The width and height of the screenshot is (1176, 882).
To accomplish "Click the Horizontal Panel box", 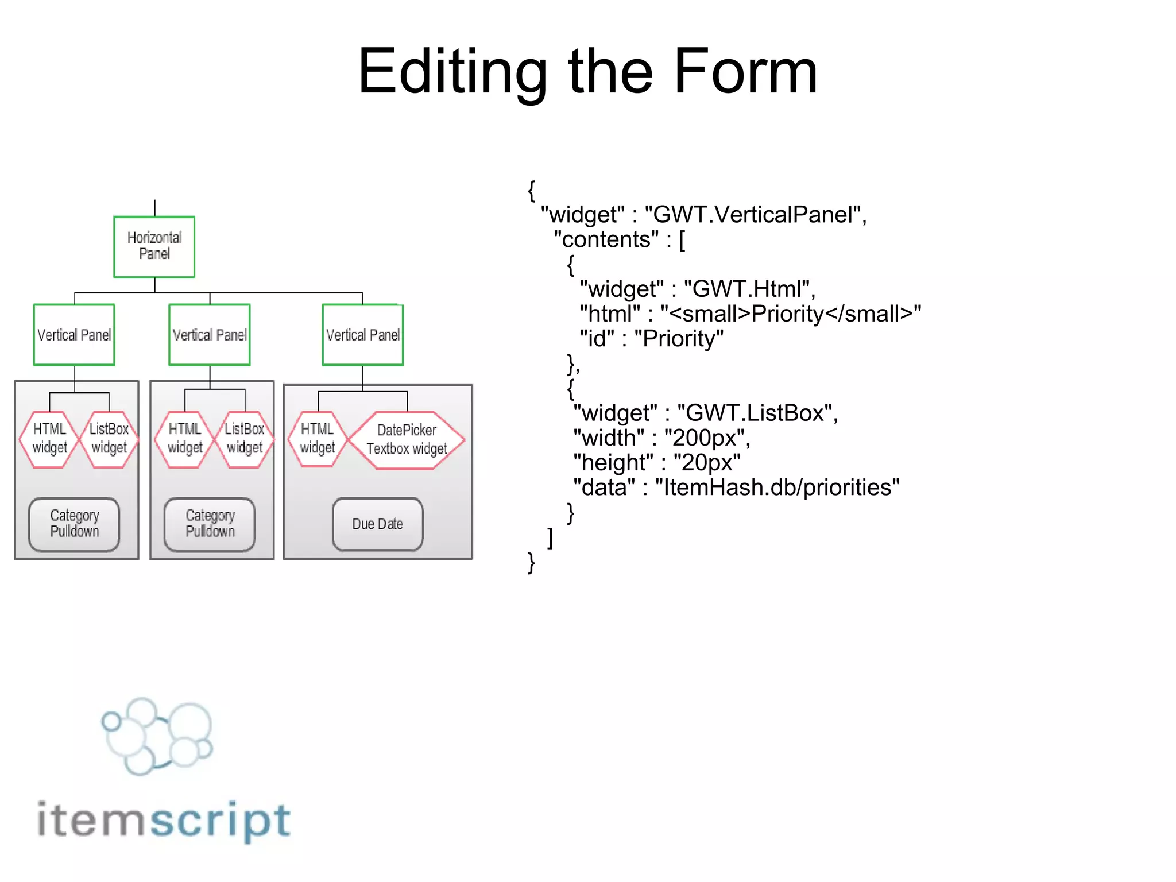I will pyautogui.click(x=154, y=247).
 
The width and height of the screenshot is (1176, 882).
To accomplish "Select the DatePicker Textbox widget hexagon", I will pyautogui.click(x=407, y=440).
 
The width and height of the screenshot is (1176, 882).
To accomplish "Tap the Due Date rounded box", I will pyautogui.click(x=377, y=524).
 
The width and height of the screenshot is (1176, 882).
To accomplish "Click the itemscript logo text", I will pyautogui.click(x=164, y=820).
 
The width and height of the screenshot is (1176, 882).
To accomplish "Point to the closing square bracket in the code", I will pyautogui.click(x=550, y=538).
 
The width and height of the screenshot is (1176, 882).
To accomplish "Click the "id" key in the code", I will pyautogui.click(x=597, y=339).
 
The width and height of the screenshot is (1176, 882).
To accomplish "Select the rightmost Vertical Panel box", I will pyautogui.click(x=362, y=335).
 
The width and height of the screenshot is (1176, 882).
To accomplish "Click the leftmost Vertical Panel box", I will pyautogui.click(x=74, y=335).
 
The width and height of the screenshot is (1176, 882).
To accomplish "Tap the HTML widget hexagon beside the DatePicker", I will pyautogui.click(x=317, y=439).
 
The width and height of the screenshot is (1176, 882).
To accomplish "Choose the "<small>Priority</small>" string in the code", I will pyautogui.click(x=791, y=314).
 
